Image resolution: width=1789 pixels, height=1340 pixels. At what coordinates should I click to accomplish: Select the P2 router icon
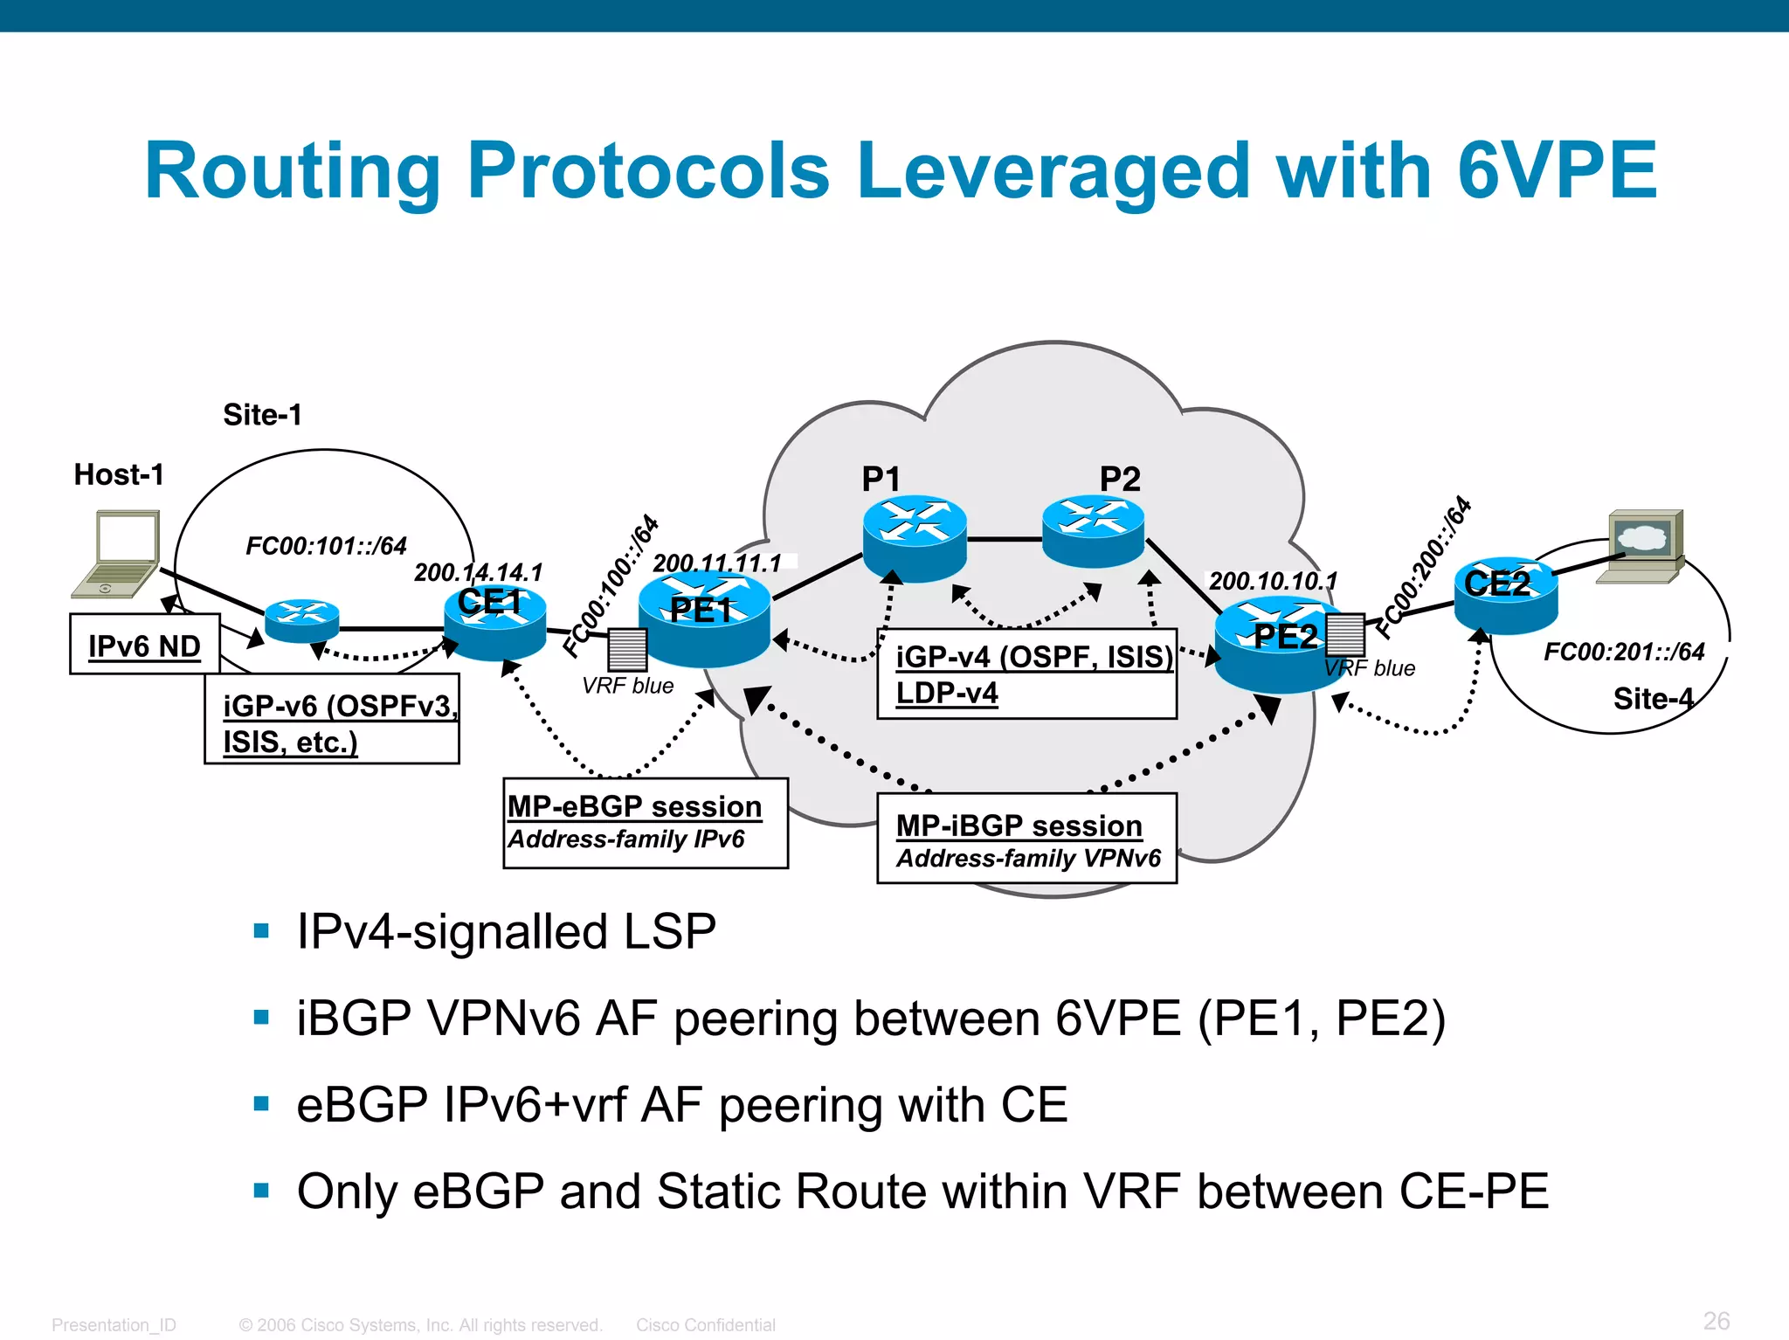(1093, 529)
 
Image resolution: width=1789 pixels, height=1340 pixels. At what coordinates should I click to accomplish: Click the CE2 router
(1505, 596)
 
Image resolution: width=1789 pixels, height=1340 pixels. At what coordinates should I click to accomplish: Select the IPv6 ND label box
(144, 645)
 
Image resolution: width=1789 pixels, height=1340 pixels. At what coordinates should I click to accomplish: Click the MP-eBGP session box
(645, 822)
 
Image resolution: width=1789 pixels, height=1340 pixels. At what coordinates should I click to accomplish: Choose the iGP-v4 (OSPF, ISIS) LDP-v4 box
(1026, 673)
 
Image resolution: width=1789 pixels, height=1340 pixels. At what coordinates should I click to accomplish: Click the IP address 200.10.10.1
(1273, 581)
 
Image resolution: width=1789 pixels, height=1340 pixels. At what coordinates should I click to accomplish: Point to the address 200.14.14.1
(478, 572)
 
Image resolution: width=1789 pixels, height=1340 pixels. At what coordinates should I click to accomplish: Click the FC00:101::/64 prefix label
(326, 546)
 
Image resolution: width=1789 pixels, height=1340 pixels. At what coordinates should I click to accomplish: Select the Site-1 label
(262, 414)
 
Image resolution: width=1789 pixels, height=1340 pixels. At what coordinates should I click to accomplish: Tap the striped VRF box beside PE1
(626, 649)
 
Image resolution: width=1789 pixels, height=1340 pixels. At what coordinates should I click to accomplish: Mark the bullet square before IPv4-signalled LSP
(261, 930)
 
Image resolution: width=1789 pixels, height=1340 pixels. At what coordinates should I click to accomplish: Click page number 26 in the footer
(1716, 1320)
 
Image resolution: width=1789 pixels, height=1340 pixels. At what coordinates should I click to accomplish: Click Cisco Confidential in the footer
(705, 1324)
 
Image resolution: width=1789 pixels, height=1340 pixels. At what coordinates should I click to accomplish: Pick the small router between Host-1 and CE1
(301, 620)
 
